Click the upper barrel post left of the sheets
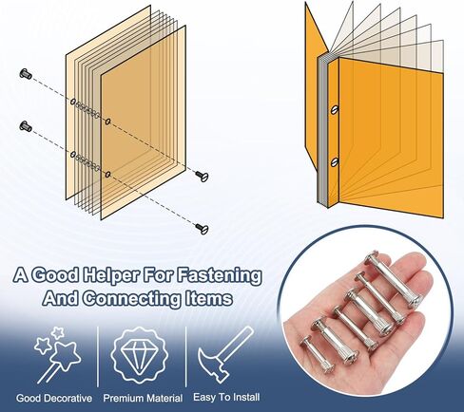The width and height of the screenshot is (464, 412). pos(26,74)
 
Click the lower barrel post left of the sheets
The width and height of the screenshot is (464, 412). pos(26,126)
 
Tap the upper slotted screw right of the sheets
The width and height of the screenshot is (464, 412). pos(202,176)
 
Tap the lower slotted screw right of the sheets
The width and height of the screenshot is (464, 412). pos(202,228)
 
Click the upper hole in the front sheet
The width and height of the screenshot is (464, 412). pos(108,122)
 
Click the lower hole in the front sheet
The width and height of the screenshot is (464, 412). pos(108,174)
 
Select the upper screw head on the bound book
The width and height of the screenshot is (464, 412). pos(335,110)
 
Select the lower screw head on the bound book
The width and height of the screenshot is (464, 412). pos(335,162)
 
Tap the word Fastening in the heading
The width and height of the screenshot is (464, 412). pos(219,274)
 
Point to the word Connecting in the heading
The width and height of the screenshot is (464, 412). pos(132,298)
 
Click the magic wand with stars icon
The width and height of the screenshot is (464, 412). pos(57,354)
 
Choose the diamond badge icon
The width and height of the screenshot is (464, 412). pos(140,355)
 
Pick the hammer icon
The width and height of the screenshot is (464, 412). pos(225,354)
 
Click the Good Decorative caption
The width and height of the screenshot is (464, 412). pos(54,398)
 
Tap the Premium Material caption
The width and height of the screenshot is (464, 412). pos(143,398)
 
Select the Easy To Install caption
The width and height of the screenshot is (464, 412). pos(226,397)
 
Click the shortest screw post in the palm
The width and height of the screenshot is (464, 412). pos(313,353)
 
